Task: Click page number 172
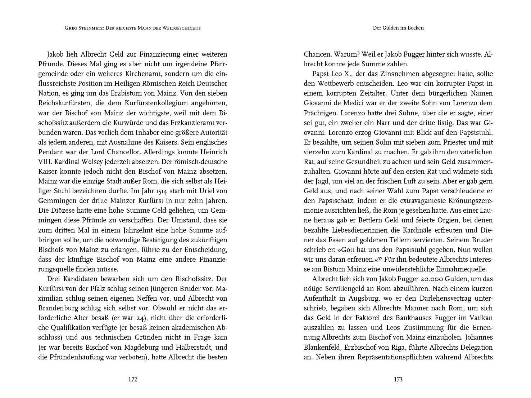click(x=133, y=379)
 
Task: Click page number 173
click(x=398, y=379)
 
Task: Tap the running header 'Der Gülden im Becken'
click(x=398, y=28)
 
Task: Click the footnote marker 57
click(x=383, y=258)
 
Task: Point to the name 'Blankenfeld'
click(x=322, y=348)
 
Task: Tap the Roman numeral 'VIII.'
click(x=45, y=162)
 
